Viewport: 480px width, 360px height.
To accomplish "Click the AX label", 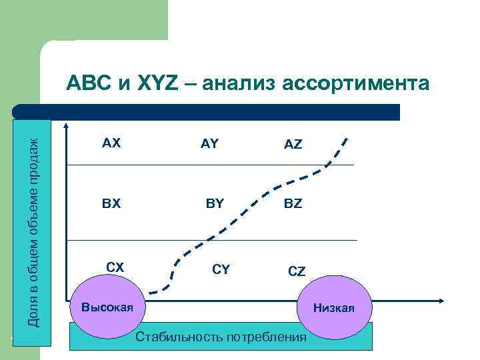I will [x=111, y=143].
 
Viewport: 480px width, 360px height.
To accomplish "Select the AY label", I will [x=209, y=143].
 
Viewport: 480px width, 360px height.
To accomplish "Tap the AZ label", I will [x=293, y=144].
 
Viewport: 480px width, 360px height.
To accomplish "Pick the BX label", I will [x=111, y=203].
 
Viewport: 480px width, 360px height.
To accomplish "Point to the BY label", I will [x=215, y=203].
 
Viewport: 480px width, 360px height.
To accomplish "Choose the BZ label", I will [x=293, y=203].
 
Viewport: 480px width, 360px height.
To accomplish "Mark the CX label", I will [x=115, y=267].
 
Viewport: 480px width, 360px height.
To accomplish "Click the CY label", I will [x=221, y=269].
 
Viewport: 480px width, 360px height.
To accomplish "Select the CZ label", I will [x=297, y=271].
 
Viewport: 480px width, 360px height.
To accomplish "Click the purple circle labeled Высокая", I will [x=107, y=307].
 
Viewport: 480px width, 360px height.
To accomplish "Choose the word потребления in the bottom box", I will [x=265, y=337].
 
